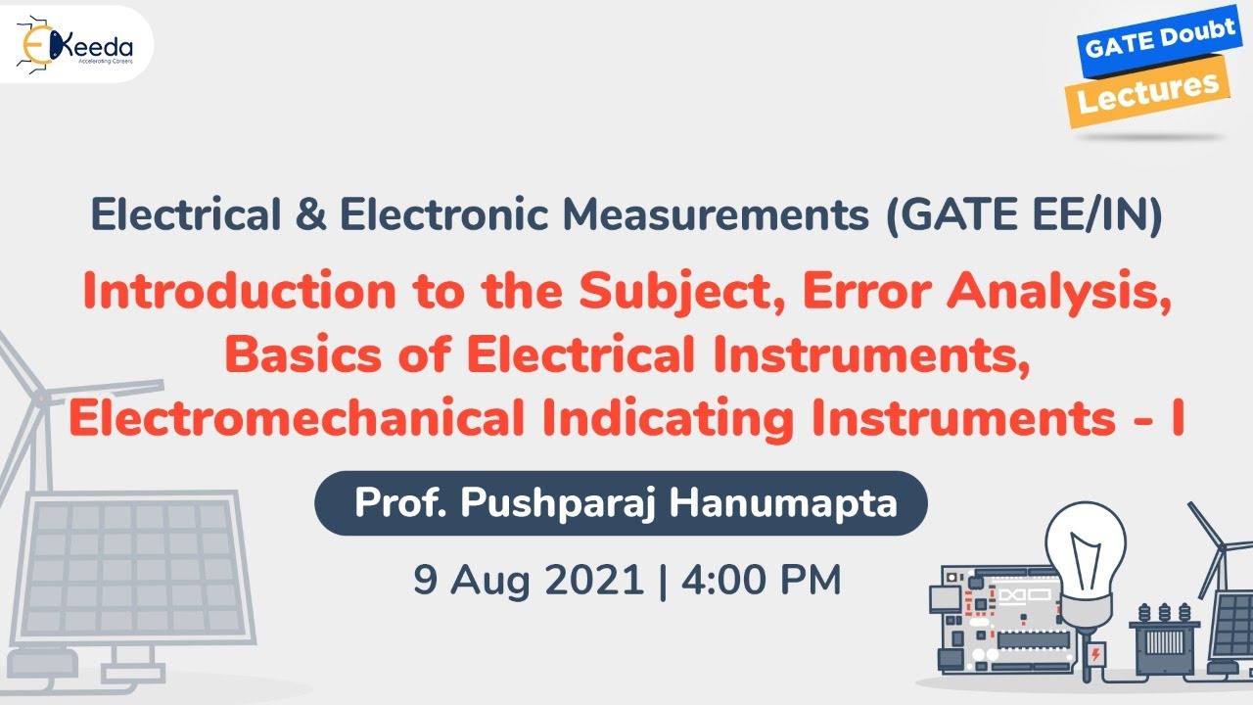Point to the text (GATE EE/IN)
pyautogui.click(x=1024, y=216)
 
